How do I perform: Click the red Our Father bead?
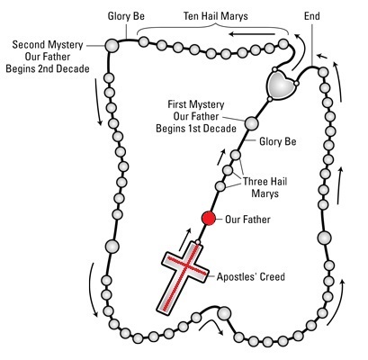click(209, 218)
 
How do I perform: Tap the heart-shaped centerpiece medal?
click(282, 84)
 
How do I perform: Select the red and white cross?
click(183, 278)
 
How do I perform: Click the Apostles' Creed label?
click(251, 276)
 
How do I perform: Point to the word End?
click(312, 15)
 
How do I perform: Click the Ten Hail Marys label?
click(216, 15)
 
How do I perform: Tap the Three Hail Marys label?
click(265, 187)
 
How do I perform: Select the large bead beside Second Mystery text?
click(112, 46)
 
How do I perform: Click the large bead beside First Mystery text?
click(251, 123)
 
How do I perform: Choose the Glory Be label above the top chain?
click(126, 16)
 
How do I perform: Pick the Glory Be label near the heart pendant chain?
click(278, 141)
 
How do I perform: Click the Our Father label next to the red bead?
click(247, 220)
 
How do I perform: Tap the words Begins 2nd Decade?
click(48, 68)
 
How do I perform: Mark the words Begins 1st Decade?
click(196, 129)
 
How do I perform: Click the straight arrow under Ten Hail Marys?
click(252, 34)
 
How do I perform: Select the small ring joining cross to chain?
click(198, 242)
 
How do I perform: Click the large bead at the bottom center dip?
click(224, 313)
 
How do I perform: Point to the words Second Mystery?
click(48, 45)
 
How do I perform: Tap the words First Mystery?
click(196, 104)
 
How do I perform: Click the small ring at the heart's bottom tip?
click(270, 99)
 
